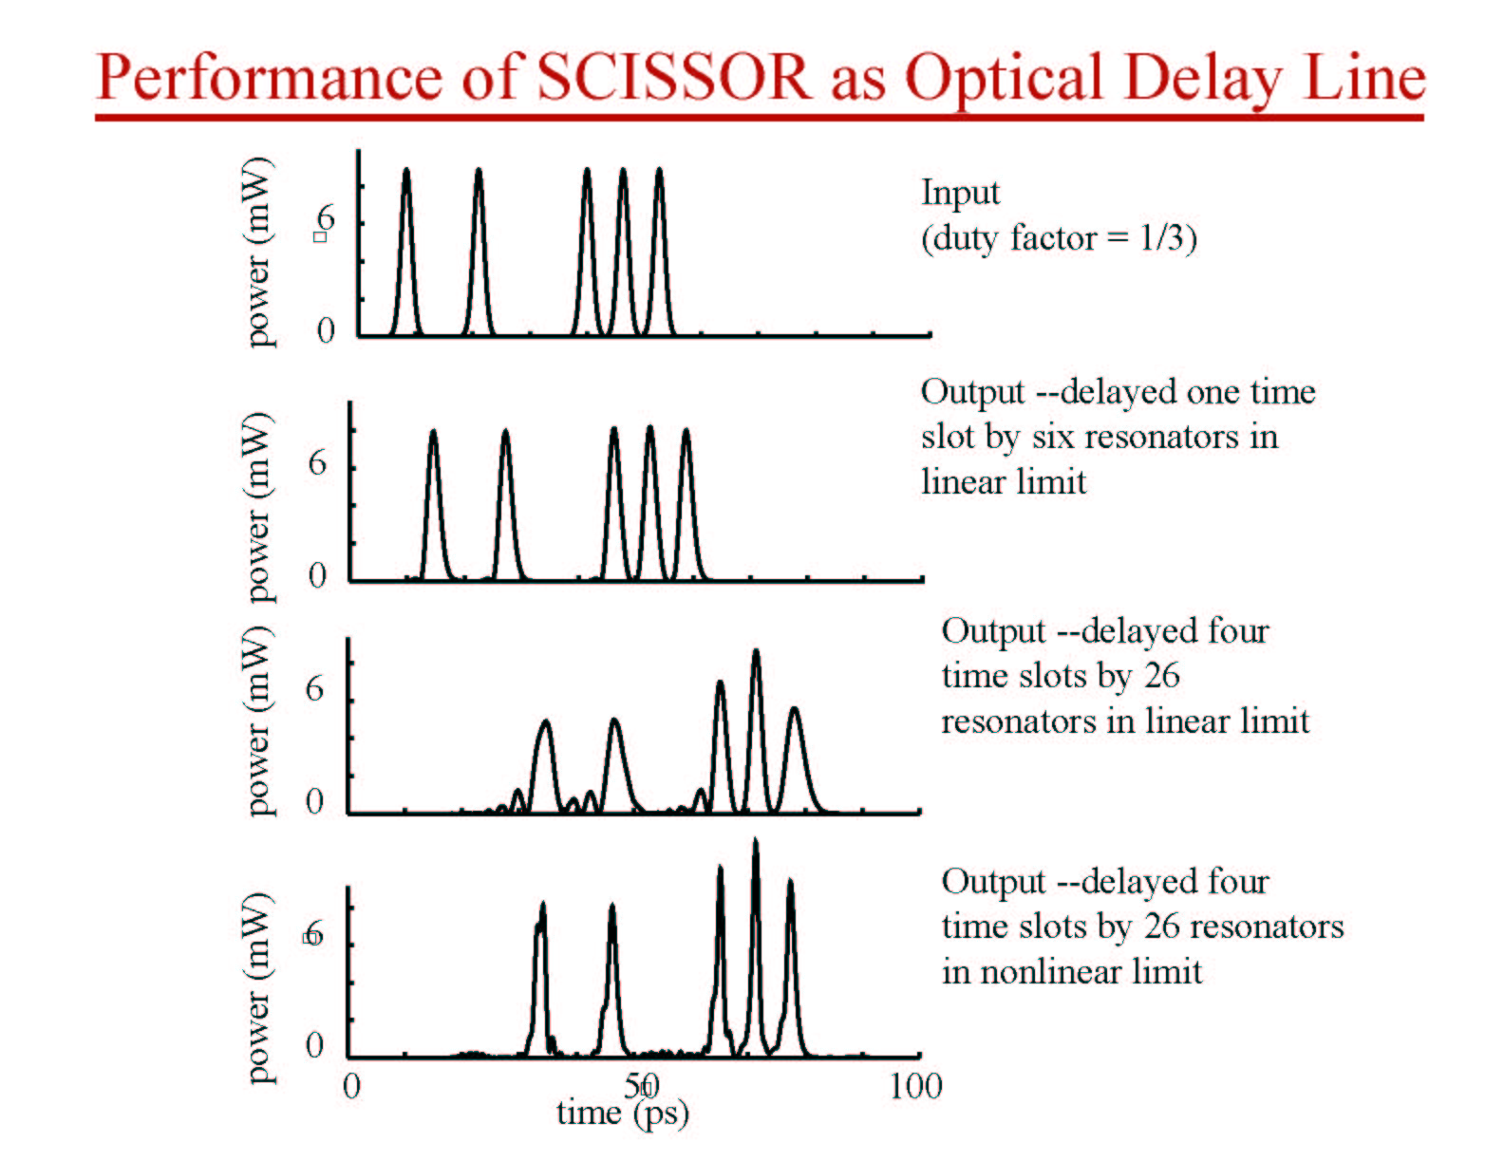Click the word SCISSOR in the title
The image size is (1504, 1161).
[x=674, y=78]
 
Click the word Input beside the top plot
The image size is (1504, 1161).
[x=961, y=194]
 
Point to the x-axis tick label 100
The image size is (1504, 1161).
[x=915, y=1086]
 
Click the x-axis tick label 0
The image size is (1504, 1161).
[x=351, y=1086]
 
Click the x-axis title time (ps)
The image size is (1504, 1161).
[x=623, y=1114]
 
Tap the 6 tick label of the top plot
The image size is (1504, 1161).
[x=326, y=220]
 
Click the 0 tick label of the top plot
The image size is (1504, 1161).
[x=326, y=330]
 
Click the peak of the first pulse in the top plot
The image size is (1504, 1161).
[x=406, y=170]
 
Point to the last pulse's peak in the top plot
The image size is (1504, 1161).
[x=659, y=169]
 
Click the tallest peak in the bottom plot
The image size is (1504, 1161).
[x=755, y=840]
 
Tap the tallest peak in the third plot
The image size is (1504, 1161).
[x=756, y=651]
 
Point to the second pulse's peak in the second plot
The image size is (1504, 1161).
[x=506, y=431]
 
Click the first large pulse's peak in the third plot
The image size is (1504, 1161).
[x=545, y=721]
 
